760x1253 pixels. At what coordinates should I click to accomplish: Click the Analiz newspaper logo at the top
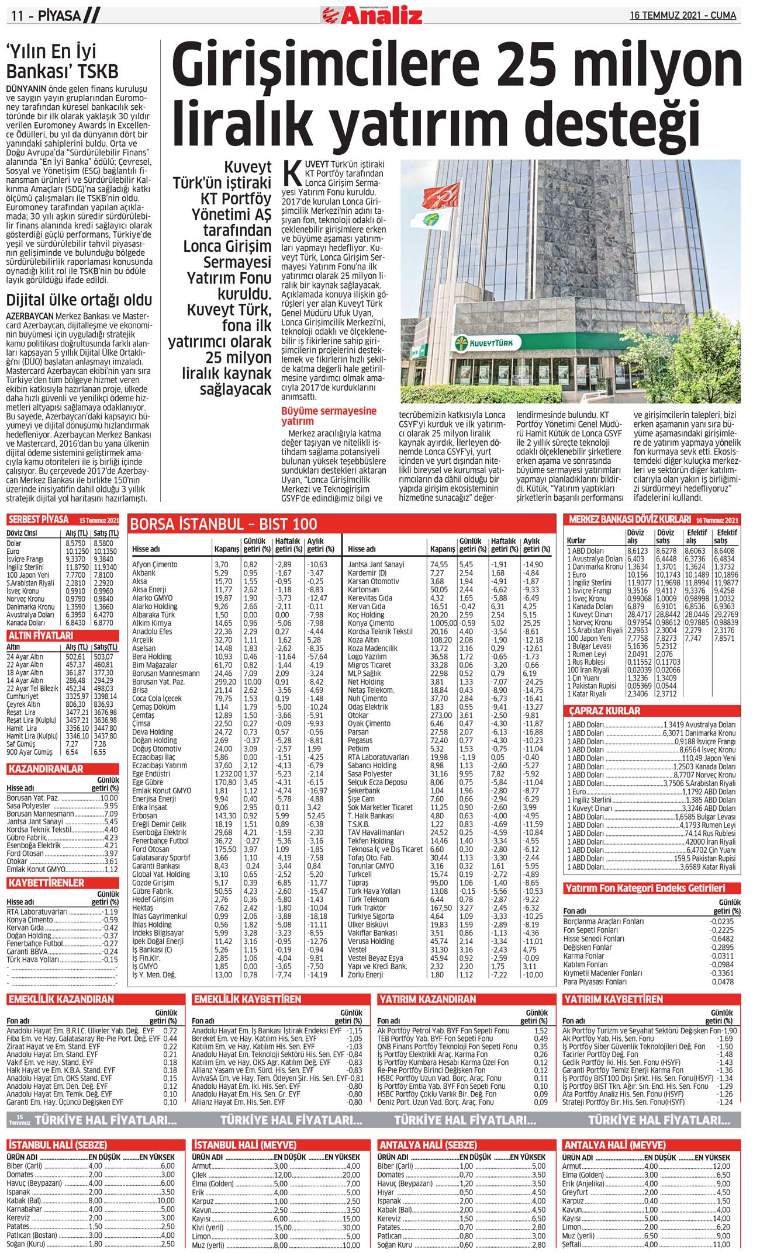click(x=372, y=15)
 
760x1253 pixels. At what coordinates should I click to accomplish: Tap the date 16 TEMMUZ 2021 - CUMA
click(x=683, y=16)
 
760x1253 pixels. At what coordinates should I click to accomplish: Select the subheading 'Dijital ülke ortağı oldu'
click(x=79, y=300)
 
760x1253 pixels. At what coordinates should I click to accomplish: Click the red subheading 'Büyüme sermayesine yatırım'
click(x=329, y=416)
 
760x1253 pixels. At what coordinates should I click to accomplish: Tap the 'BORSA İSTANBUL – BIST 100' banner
click(x=224, y=523)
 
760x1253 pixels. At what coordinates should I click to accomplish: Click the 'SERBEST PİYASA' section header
click(x=39, y=519)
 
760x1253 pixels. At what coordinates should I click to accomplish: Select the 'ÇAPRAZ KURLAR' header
click(x=605, y=711)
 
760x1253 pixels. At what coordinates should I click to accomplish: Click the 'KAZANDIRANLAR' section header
click(x=46, y=769)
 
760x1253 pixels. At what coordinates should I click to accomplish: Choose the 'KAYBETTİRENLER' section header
click(x=46, y=883)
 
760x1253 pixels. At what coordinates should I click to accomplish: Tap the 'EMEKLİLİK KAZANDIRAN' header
click(x=61, y=999)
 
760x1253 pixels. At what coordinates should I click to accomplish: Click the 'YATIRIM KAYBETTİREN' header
click(x=613, y=999)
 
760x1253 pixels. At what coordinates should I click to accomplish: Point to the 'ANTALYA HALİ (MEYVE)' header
click(x=614, y=1145)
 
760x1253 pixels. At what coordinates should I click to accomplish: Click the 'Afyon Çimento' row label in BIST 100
click(x=154, y=565)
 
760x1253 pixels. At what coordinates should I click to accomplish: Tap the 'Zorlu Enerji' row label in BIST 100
click(x=365, y=974)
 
